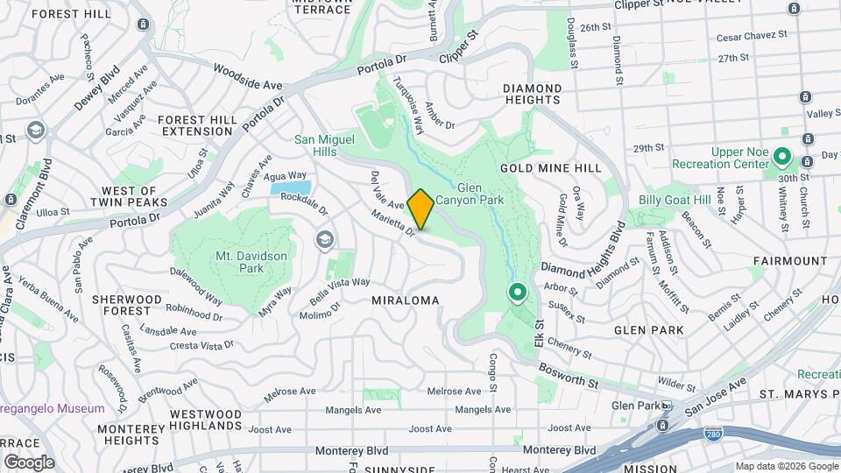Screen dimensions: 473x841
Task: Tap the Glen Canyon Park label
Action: point(482,194)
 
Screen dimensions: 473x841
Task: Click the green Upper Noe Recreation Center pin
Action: point(782,159)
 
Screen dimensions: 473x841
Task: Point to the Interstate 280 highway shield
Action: point(712,434)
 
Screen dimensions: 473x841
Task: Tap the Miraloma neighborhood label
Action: point(405,300)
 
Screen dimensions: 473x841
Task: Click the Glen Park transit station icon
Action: point(667,406)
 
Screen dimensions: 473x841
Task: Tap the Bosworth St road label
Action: point(568,376)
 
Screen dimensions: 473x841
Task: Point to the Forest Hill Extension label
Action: point(197,125)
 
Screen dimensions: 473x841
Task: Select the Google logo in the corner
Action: point(29,462)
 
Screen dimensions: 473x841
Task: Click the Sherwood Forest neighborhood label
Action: point(127,305)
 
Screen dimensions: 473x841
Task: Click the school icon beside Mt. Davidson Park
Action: point(325,240)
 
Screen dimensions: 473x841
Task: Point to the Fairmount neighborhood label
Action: point(790,261)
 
